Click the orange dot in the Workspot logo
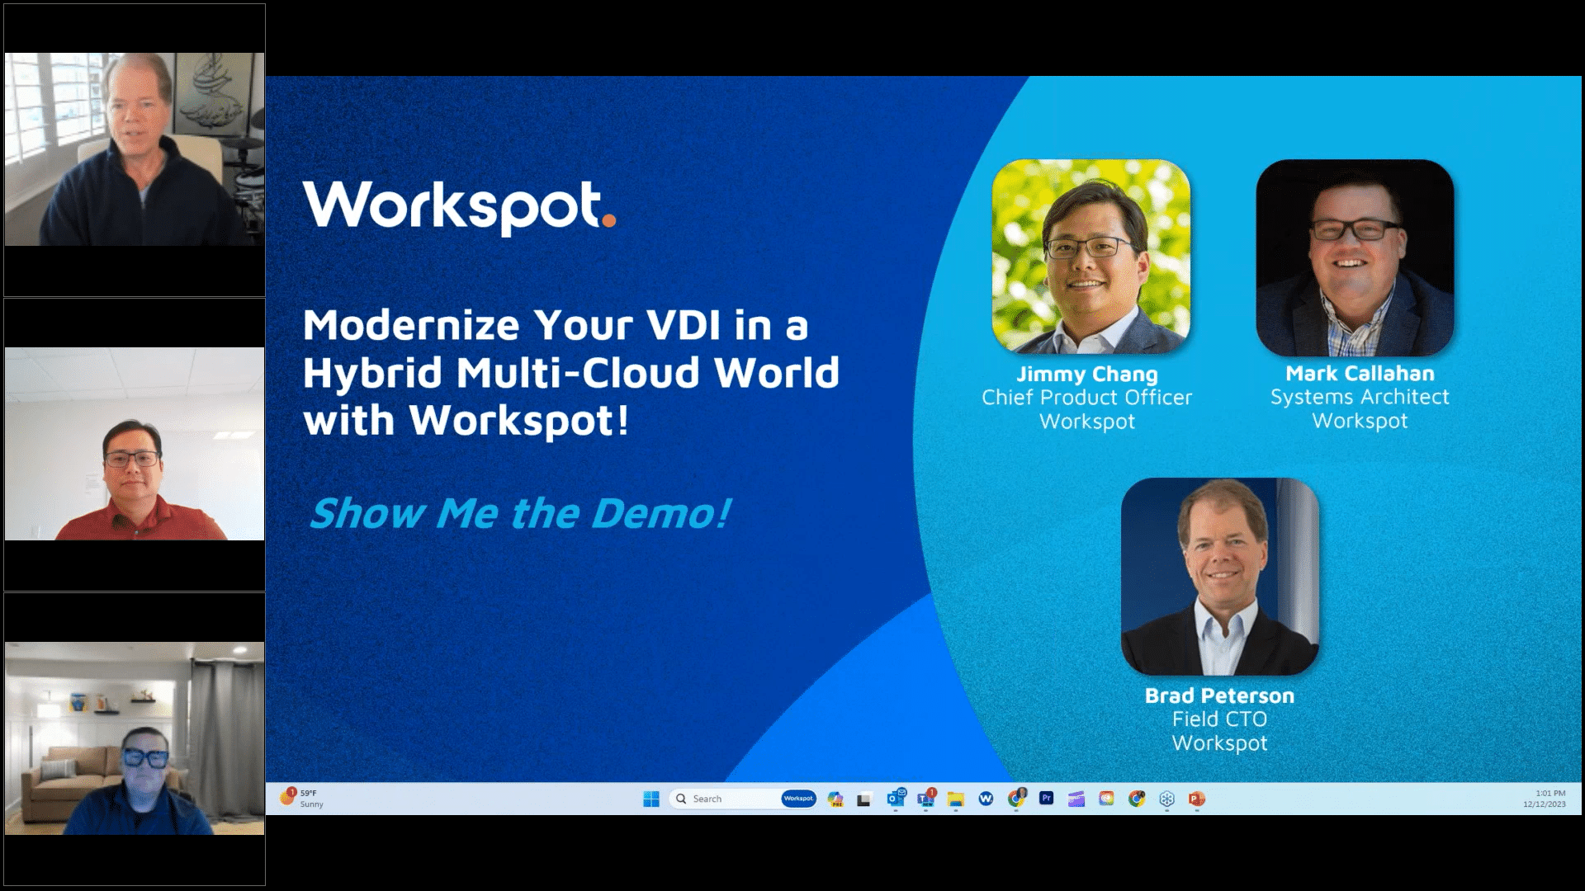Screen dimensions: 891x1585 pos(609,220)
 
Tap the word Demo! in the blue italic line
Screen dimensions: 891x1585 pos(661,513)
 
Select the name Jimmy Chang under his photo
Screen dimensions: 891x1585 pos(1086,375)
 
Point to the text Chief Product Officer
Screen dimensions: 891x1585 pos(1086,398)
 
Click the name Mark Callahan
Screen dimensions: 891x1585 pos(1360,374)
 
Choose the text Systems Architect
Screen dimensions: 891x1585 pos(1360,398)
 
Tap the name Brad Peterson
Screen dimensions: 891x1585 pos(1219,696)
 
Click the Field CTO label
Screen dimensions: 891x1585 pos(1219,719)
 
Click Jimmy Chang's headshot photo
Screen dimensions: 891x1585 pos(1091,257)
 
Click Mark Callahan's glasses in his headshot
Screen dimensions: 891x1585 pos(1356,230)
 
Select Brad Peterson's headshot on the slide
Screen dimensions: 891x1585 pos(1219,576)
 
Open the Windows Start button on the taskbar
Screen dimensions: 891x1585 pos(651,799)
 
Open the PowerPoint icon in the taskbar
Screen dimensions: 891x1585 pos(1196,799)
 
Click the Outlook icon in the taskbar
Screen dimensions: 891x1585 pos(895,799)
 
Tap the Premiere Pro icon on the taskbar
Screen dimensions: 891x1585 pos(1046,799)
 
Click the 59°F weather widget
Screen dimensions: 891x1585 pos(302,798)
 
